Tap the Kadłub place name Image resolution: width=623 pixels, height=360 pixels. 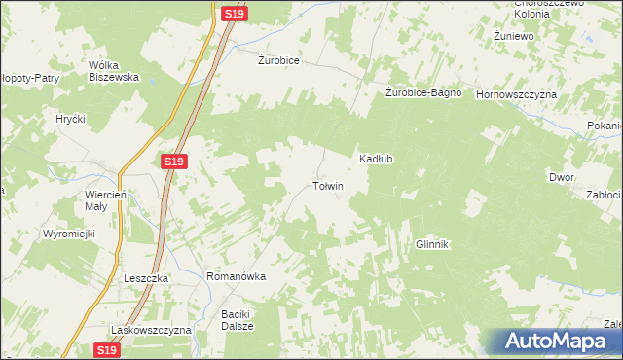pos(376,159)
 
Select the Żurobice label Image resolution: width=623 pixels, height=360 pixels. pos(278,60)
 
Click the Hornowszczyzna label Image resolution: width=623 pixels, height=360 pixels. pos(515,94)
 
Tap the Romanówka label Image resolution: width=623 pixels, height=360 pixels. pos(237,276)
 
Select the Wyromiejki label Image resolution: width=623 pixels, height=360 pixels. pos(66,234)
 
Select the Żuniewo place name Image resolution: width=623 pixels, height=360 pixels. pos(515,36)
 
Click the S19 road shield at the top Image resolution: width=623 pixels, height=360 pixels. pos(233,14)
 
